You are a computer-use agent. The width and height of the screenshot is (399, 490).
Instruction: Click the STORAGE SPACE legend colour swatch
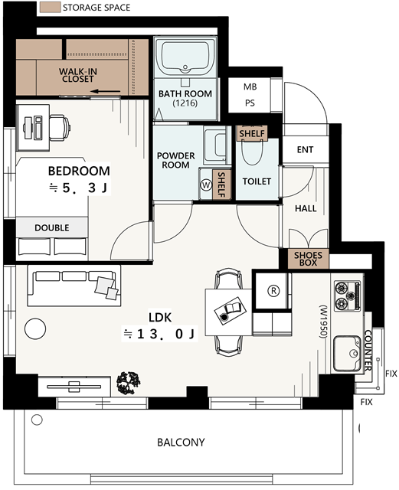(50, 8)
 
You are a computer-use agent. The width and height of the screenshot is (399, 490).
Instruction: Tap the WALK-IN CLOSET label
(78, 75)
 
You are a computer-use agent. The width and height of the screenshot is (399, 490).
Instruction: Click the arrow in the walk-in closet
(106, 92)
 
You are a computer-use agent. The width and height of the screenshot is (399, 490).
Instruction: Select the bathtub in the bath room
(185, 56)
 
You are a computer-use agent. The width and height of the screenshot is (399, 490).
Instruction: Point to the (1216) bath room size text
(185, 103)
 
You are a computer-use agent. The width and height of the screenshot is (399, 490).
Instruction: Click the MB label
(250, 87)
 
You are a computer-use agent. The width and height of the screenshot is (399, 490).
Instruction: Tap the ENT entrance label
(305, 150)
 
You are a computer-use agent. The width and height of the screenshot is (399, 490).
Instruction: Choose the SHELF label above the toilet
(252, 134)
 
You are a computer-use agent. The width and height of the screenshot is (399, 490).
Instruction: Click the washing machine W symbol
(206, 185)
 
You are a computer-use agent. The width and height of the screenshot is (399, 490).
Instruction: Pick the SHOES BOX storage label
(308, 259)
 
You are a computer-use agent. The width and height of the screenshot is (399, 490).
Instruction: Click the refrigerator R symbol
(273, 291)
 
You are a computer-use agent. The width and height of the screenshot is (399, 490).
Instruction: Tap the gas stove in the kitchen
(348, 296)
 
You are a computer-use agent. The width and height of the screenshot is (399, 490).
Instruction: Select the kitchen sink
(347, 354)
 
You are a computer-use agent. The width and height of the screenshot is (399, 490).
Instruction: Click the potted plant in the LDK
(128, 383)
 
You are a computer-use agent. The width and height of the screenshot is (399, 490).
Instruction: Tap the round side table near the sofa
(35, 328)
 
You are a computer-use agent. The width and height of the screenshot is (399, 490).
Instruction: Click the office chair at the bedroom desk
(60, 128)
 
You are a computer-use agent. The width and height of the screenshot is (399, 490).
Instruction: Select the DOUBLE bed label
(52, 227)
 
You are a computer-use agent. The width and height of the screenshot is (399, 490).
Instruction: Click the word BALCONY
(181, 443)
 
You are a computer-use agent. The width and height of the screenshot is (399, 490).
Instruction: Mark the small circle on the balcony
(37, 420)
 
